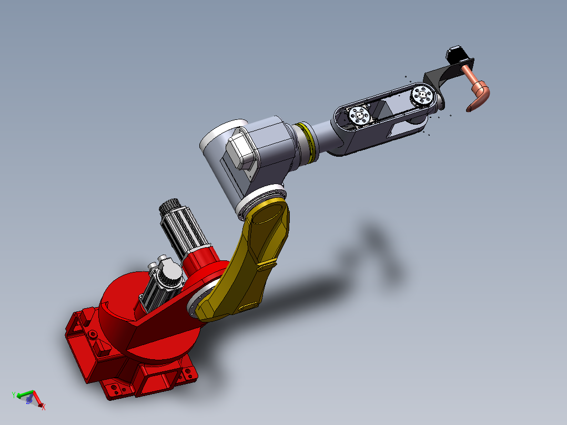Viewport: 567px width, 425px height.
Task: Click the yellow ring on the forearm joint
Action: [308, 141]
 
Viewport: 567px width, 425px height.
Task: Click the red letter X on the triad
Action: [44, 407]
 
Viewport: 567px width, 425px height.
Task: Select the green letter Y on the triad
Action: [14, 394]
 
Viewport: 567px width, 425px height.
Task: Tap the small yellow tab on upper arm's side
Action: [247, 307]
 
